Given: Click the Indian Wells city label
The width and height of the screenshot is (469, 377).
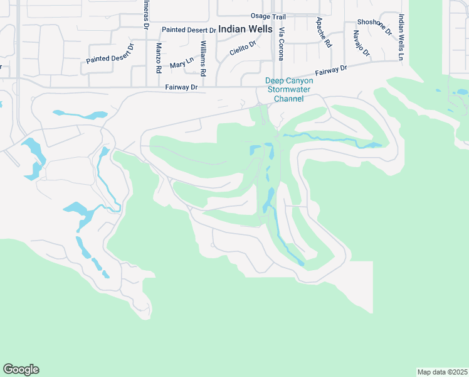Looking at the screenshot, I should (x=245, y=29).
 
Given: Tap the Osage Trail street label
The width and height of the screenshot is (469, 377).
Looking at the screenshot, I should (x=268, y=16).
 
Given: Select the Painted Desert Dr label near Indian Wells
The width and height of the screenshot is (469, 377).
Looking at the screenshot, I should (x=189, y=30).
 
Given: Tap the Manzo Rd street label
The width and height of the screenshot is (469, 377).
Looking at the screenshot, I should (x=158, y=57).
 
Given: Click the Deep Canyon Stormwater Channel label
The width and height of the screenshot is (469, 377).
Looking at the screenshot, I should (x=284, y=89).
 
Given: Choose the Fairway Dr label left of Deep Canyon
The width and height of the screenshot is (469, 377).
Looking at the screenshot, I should (x=181, y=88).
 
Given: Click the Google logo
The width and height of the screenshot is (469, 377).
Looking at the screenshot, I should (x=21, y=369).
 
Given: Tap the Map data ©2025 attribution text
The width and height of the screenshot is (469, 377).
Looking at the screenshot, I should (x=442, y=371).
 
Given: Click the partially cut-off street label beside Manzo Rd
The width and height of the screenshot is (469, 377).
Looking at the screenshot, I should (x=145, y=14).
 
